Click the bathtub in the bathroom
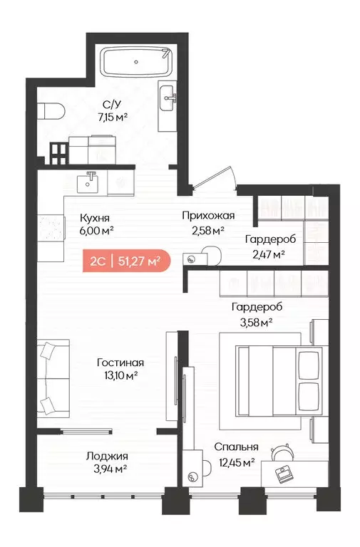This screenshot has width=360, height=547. tap(134, 63)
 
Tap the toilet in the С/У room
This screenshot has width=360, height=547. tap(51, 110)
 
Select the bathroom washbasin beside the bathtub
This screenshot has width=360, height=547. tap(169, 99)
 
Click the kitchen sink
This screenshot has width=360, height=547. tap(90, 181)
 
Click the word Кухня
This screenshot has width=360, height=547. tap(96, 219)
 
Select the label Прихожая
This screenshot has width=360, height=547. tap(208, 216)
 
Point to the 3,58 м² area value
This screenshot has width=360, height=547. tap(253, 321)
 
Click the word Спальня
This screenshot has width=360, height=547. tap(236, 448)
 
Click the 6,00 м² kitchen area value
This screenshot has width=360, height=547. tap(98, 231)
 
